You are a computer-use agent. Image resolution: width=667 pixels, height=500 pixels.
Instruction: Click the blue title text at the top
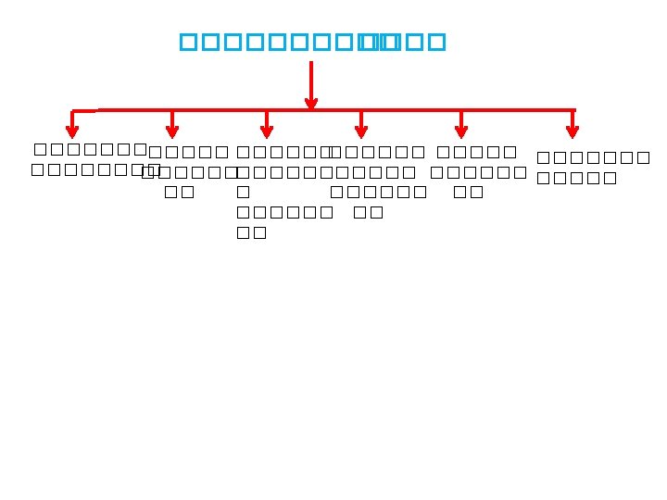[x=312, y=42]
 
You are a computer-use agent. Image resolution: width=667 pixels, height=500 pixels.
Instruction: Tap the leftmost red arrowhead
[x=72, y=131]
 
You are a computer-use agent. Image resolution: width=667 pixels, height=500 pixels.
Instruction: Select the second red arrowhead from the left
[x=172, y=131]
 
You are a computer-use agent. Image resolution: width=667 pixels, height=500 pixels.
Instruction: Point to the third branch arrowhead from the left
[x=267, y=131]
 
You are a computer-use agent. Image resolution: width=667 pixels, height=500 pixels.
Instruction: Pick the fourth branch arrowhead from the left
[x=361, y=131]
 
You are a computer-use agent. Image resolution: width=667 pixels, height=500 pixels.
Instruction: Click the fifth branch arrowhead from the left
[x=461, y=131]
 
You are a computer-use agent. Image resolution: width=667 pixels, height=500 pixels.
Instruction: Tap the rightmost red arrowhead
[x=573, y=131]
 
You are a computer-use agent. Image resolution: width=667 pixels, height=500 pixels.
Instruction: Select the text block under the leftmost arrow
[x=90, y=159]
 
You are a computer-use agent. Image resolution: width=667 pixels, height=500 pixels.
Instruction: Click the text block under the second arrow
[x=188, y=172]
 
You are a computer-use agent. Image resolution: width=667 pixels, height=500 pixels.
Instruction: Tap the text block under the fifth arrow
[x=476, y=172]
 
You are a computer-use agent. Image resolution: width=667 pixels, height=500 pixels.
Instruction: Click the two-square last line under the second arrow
[x=180, y=193]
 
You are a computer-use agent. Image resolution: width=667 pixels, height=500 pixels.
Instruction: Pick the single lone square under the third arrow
[x=244, y=193]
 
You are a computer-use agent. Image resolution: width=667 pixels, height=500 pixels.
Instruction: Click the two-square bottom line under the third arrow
[x=252, y=232]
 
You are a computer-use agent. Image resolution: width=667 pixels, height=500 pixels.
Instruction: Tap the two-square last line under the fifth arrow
[x=469, y=193]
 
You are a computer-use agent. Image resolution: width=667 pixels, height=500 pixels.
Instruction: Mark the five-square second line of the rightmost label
[x=576, y=179]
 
